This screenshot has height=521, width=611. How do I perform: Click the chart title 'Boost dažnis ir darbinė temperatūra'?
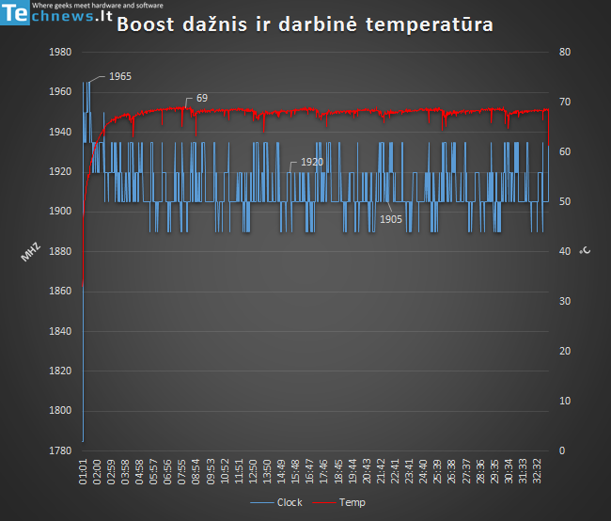coord(305,25)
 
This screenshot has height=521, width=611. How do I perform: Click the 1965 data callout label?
coord(119,75)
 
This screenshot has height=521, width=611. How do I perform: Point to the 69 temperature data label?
coord(201,98)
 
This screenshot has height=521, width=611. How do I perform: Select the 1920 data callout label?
coord(312,163)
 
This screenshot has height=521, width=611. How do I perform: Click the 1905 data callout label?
coord(392,218)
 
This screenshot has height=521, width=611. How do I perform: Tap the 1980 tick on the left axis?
coord(59,53)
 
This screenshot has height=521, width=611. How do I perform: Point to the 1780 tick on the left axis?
coord(59,450)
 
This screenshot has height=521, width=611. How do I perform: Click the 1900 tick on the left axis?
coord(59,212)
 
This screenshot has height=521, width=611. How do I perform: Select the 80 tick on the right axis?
coord(565,53)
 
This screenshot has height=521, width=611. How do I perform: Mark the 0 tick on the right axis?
coord(562,450)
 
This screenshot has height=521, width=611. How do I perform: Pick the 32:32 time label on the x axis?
coord(539,470)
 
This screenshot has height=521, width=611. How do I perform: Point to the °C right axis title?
coord(585,251)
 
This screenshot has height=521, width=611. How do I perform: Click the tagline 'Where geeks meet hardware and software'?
coord(98,6)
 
